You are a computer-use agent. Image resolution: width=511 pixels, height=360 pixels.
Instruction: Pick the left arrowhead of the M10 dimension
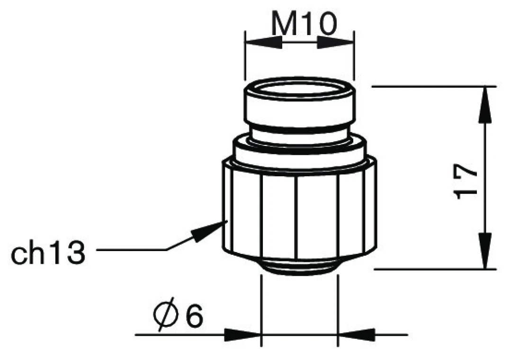263,41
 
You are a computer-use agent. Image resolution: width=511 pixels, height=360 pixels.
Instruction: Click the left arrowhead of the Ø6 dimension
243,334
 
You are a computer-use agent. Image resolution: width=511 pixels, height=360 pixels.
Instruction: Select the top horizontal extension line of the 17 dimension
433,87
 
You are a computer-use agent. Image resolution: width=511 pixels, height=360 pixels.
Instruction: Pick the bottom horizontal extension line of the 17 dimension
433,269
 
